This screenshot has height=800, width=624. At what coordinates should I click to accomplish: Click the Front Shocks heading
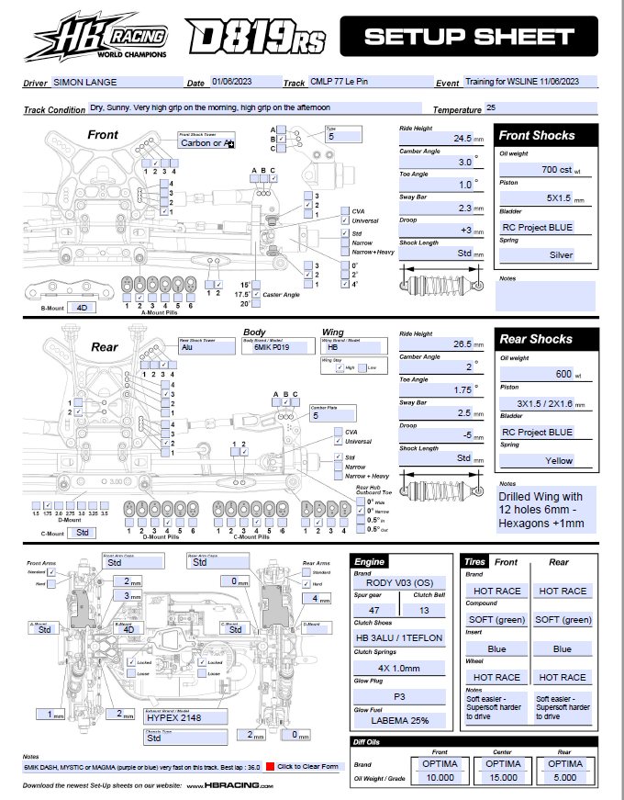pos(537,135)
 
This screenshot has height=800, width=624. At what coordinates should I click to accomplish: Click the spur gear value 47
pos(374,609)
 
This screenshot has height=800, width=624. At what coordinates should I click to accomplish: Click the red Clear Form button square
pos(270,765)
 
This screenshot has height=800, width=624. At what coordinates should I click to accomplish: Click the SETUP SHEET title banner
pos(467,37)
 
